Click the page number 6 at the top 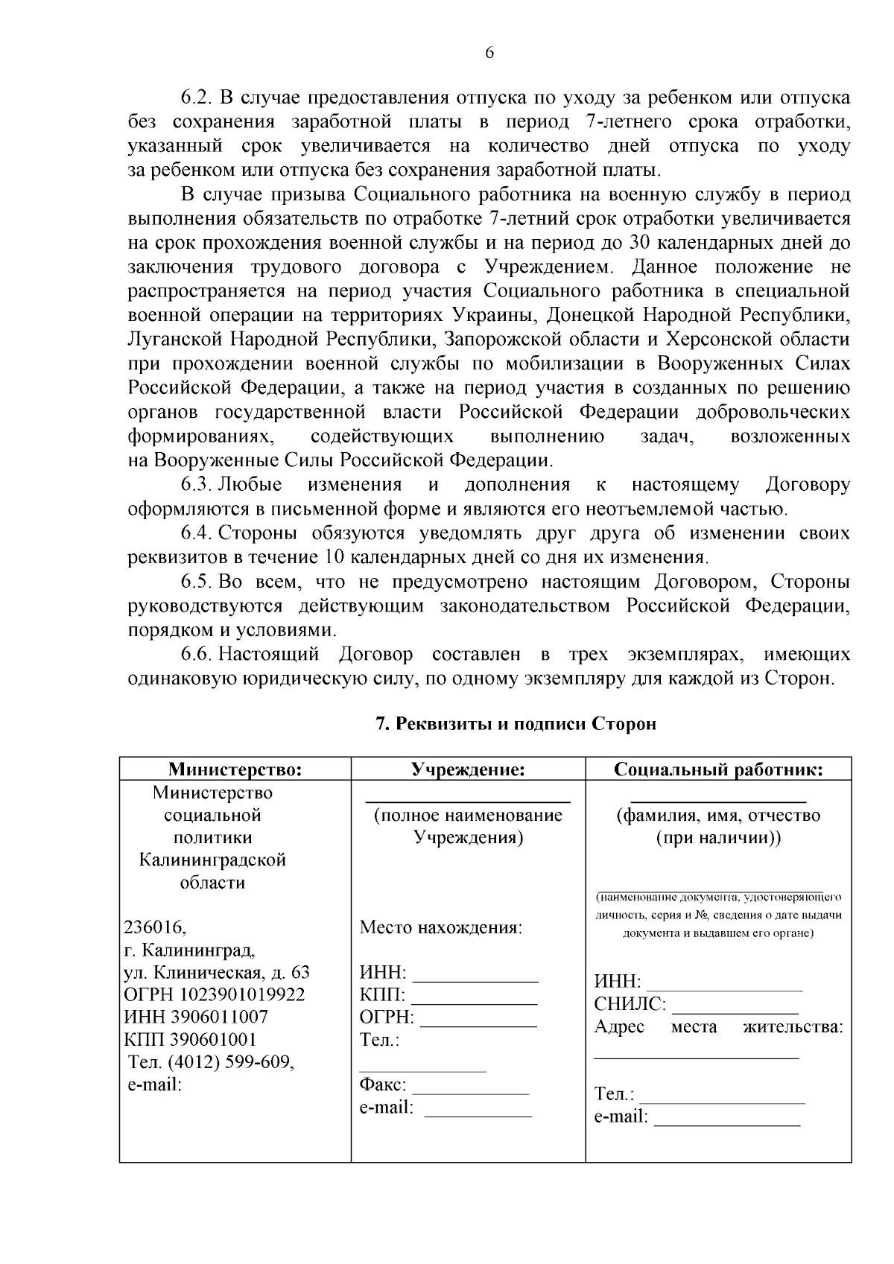point(489,53)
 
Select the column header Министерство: point(235,769)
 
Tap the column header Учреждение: point(468,769)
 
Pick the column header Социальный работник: point(717,769)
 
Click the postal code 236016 point(154,928)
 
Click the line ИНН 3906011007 point(195,1017)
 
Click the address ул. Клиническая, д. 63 point(216,973)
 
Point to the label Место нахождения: point(441,928)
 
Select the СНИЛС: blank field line point(735,1012)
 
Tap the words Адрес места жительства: point(718,1028)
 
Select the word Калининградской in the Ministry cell point(212,860)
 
